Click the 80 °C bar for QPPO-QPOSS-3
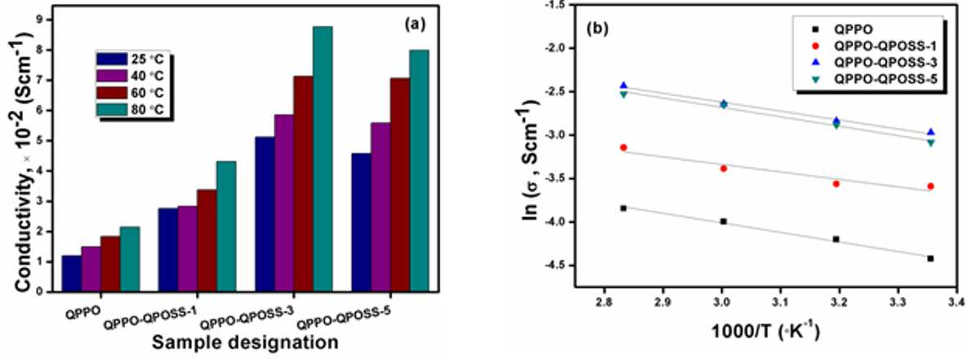323,159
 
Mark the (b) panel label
597,29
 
